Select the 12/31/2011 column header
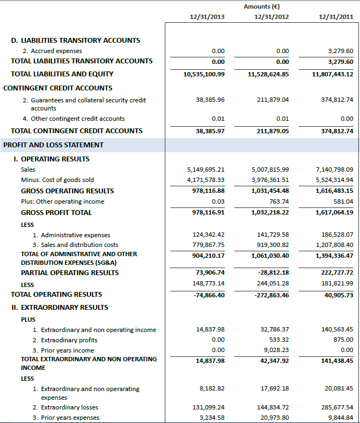pyautogui.click(x=337, y=17)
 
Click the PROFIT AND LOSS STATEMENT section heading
pyautogui.click(x=53, y=145)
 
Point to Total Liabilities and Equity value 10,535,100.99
pyautogui.click(x=205, y=74)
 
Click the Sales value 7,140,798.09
pyautogui.click(x=333, y=170)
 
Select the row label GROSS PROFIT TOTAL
pyautogui.click(x=56, y=213)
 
